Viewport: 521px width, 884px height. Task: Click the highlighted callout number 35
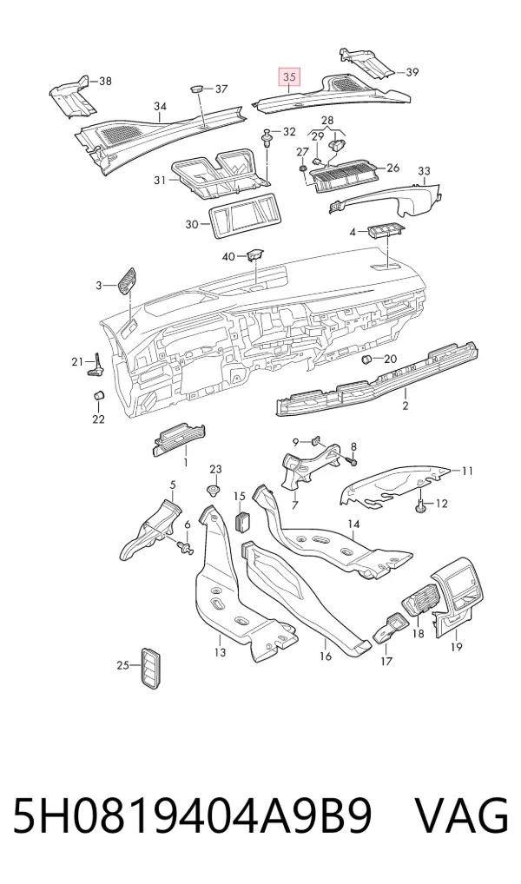(290, 76)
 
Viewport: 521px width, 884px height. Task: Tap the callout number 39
(412, 72)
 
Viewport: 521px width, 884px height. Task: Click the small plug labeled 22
(98, 394)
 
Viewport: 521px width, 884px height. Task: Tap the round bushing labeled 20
(366, 360)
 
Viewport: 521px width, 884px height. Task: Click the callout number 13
(220, 652)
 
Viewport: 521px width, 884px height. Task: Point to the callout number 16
(326, 656)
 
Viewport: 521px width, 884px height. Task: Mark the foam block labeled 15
(242, 520)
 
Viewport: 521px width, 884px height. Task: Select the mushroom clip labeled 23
(214, 490)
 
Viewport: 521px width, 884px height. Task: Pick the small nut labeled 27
(302, 168)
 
